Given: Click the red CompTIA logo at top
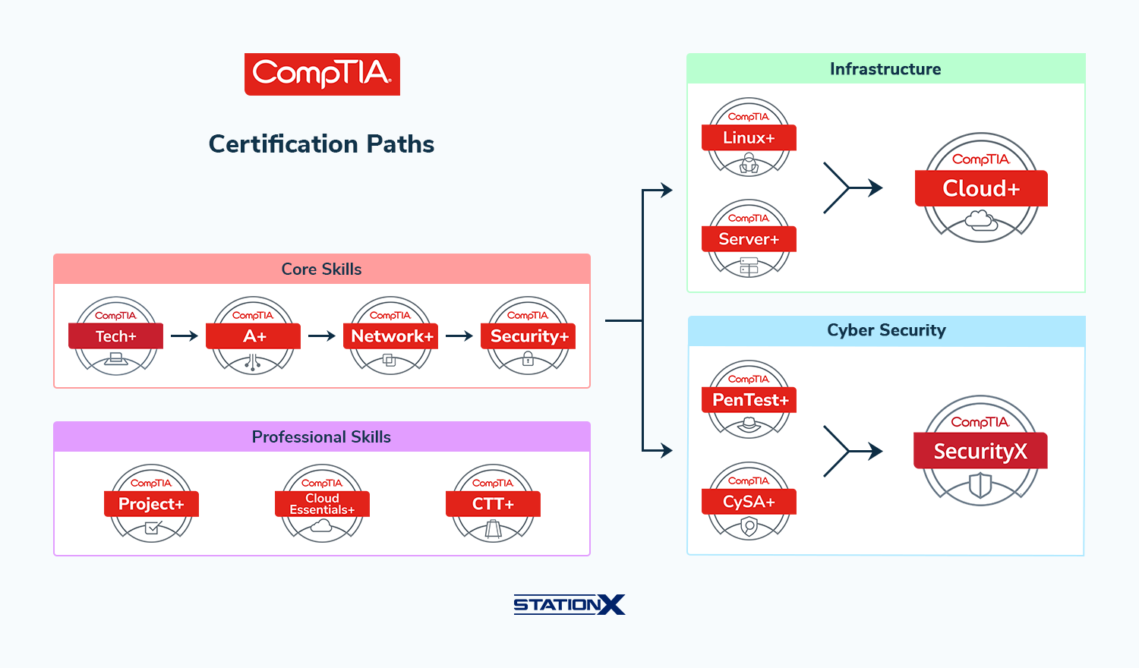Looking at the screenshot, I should pos(322,74).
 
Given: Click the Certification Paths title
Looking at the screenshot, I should pos(321,144).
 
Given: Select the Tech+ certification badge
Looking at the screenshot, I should pos(116,336).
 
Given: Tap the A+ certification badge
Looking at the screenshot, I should pos(254,336).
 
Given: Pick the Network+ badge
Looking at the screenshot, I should pos(391,336).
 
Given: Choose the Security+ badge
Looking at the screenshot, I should pos(528,336).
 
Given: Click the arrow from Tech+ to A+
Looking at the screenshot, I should pos(185,336).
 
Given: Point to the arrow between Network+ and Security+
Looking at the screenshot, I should pos(459,336).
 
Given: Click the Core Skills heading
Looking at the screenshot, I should pos(321,269).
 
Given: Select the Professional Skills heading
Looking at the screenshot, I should pos(321,437).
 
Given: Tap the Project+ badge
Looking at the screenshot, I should pos(151,503).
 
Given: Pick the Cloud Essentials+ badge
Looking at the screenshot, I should pos(322,503).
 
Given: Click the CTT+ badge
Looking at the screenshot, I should pos(493,503).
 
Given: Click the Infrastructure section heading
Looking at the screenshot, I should pos(885,69).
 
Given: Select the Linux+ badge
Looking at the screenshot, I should pos(749,137).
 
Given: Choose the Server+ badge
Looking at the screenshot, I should pos(749,238).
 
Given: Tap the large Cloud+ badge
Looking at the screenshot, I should pos(981,187).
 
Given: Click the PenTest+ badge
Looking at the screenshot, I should pos(749,399).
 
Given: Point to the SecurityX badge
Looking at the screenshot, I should pos(980,450).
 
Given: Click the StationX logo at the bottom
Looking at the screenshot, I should pos(569,604).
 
